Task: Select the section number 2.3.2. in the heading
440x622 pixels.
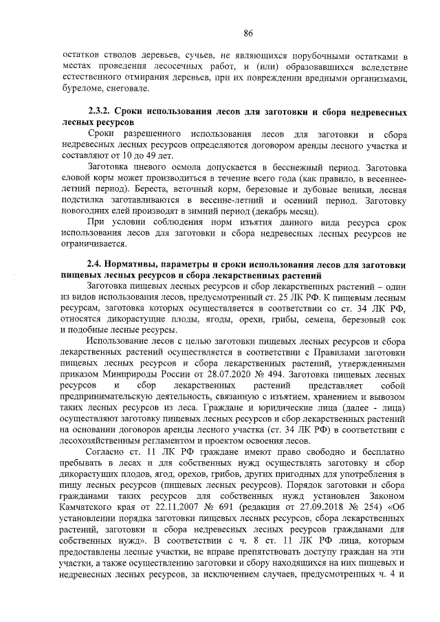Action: pos(100,111)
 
